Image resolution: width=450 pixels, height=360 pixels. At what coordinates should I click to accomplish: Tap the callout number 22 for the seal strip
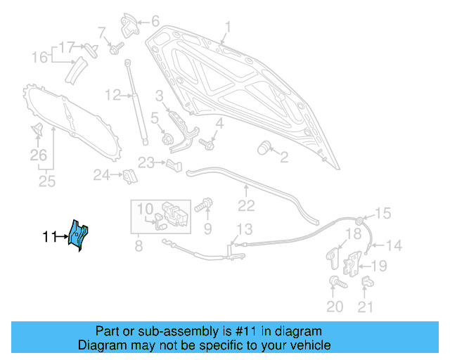245,206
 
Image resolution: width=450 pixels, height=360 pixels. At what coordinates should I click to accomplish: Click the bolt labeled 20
334,283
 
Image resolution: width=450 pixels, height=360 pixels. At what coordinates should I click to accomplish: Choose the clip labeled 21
366,283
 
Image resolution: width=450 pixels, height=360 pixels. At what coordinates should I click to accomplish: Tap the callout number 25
46,183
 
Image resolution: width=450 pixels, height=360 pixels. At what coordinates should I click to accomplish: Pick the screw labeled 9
202,206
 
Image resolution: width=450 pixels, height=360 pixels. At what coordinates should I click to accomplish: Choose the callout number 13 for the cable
243,229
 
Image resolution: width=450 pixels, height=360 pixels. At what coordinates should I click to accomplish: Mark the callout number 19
378,265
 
